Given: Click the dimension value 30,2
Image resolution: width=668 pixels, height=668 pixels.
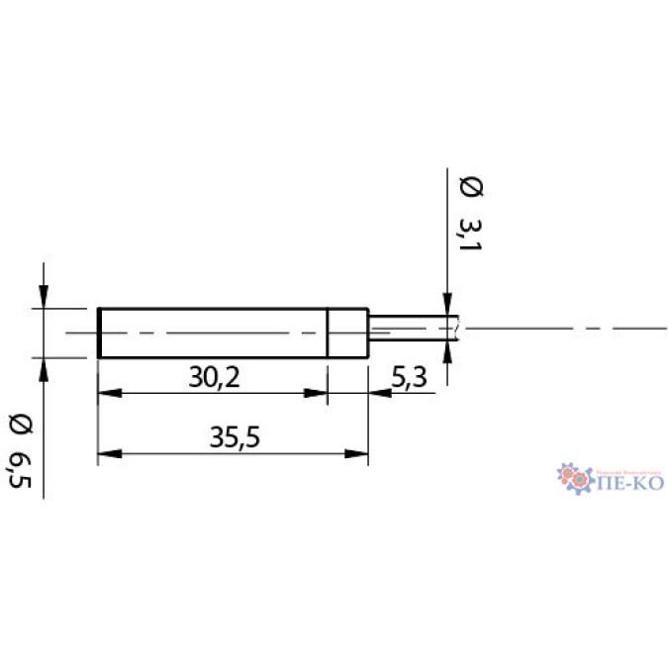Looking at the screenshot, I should coord(214,376).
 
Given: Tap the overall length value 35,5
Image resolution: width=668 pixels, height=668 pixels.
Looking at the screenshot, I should coord(235,436).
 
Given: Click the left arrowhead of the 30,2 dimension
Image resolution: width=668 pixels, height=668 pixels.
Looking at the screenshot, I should coord(108,394).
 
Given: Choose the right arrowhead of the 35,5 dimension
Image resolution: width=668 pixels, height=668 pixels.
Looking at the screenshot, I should coord(357,454).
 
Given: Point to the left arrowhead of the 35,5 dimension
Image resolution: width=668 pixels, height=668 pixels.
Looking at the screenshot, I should coord(108,454).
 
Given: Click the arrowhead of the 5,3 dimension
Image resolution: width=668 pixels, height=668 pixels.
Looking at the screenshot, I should coord(379,394).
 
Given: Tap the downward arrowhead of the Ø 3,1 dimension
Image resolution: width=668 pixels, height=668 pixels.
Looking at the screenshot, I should coord(448,306).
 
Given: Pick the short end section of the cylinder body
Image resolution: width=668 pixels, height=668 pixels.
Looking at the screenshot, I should coord(347,334).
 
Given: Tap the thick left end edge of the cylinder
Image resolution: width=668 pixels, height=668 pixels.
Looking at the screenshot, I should coord(99,334).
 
